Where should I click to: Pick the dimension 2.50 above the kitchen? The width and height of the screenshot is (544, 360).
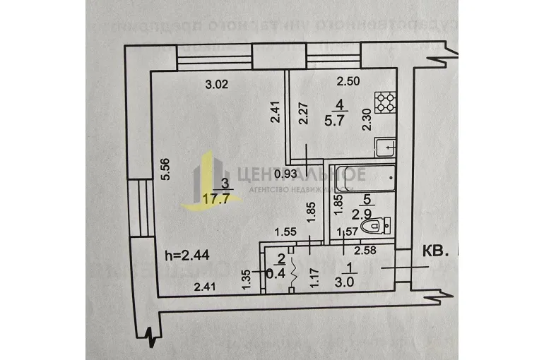point(348,80)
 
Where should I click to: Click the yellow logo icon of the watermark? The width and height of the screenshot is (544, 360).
point(204,180)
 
